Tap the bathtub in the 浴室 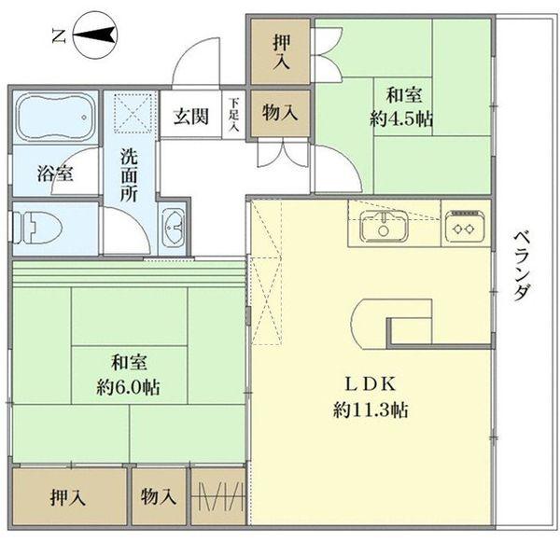tap(53, 118)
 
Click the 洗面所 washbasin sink tap(175, 228)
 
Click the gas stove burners tap(464, 225)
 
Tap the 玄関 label tap(190, 118)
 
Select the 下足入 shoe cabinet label tap(233, 115)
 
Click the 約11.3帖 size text tap(373, 409)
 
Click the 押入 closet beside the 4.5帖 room tap(280, 52)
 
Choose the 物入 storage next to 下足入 tap(280, 114)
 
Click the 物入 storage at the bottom tap(159, 498)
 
